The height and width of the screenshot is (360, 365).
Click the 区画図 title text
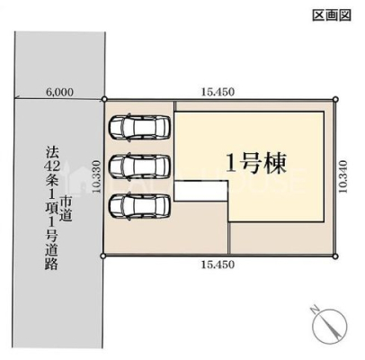332,15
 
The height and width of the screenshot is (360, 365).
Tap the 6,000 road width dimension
59,92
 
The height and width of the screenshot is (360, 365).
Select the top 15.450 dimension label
218,92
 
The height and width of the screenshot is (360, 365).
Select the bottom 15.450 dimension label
218,265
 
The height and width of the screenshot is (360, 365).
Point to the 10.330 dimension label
96,176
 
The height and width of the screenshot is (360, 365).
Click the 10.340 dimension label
343,176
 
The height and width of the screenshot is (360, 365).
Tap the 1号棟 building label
256,164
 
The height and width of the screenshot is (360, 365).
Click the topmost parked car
139,128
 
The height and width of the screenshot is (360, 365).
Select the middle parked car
139,166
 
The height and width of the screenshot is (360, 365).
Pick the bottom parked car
139,207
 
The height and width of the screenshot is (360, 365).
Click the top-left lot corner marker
104,99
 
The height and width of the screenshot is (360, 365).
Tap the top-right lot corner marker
335,99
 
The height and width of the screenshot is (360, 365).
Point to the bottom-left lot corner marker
103,256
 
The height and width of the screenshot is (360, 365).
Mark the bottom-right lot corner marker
335,256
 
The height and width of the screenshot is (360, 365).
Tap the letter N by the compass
315,310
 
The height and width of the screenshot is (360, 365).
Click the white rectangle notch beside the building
201,191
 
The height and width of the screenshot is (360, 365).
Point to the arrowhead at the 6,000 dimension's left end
17,97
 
